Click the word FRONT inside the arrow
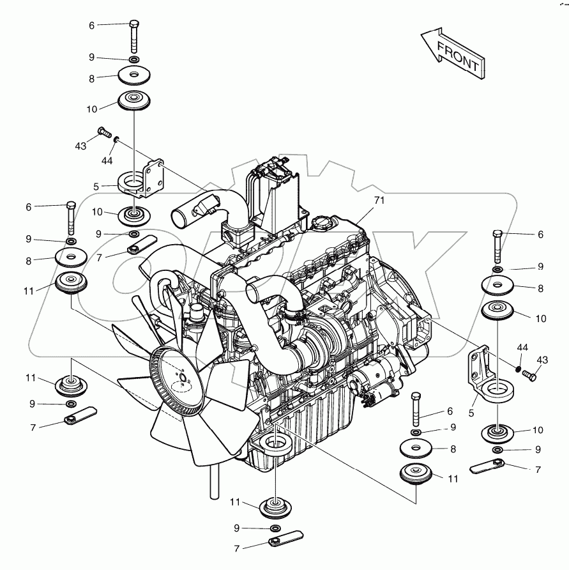click(457, 55)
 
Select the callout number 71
click(379, 201)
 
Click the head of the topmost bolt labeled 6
click(133, 25)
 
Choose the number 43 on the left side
click(80, 146)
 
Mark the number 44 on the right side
click(522, 347)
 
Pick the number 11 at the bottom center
click(235, 503)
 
